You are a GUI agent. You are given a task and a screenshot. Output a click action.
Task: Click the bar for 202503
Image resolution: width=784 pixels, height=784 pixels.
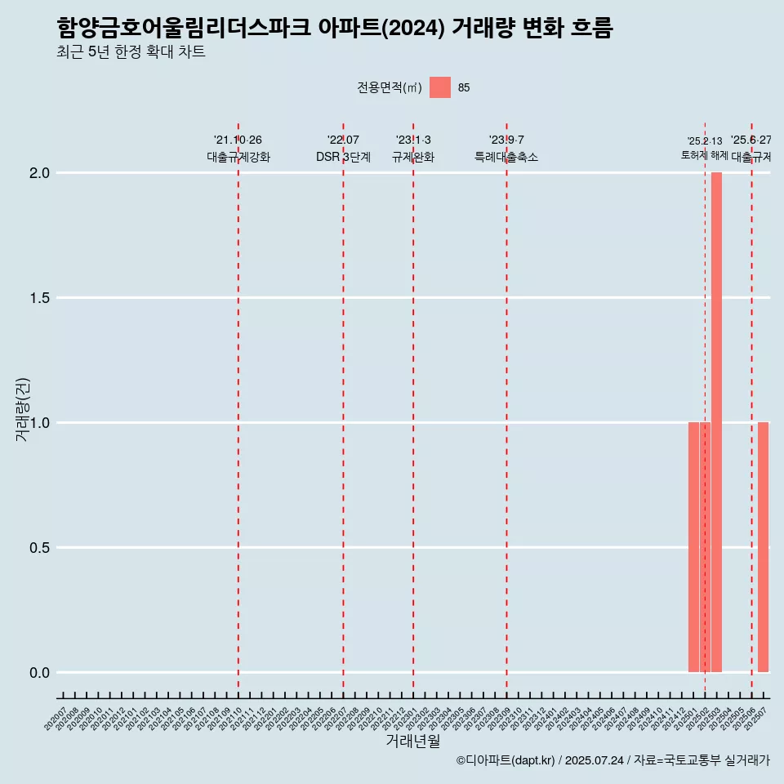click(716, 422)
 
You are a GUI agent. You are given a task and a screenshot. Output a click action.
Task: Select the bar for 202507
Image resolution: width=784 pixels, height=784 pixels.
click(763, 547)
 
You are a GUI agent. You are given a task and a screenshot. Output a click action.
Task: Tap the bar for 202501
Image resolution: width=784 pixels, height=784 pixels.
click(693, 547)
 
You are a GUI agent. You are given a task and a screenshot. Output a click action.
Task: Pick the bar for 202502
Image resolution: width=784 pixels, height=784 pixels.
click(705, 547)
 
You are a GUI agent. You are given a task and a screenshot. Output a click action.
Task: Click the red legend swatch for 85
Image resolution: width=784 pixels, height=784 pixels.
click(440, 87)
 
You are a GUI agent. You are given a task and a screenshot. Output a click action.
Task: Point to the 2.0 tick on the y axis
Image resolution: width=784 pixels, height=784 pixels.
click(40, 173)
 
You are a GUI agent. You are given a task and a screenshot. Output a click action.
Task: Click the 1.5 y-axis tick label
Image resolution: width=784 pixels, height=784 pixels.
click(40, 298)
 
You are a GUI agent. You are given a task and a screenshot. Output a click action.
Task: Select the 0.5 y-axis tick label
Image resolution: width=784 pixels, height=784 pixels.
click(40, 548)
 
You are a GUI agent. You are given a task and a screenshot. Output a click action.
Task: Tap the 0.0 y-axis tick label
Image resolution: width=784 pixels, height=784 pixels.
click(40, 673)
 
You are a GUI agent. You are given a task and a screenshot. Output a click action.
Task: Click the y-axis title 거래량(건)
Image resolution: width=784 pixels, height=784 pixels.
click(22, 409)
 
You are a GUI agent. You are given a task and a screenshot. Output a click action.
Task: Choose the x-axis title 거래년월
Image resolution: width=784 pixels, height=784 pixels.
click(412, 742)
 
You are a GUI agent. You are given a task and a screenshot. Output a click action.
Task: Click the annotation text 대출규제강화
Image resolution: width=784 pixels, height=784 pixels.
click(238, 157)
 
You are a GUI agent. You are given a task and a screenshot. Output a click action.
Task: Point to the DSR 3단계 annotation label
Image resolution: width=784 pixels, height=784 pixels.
click(343, 157)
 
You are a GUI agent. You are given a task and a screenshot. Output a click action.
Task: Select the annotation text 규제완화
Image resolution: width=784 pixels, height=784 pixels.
click(413, 157)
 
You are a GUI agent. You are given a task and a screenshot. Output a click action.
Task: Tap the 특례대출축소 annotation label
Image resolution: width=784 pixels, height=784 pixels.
click(506, 157)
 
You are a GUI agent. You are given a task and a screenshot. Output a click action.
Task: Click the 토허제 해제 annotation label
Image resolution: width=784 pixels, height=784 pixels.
click(704, 155)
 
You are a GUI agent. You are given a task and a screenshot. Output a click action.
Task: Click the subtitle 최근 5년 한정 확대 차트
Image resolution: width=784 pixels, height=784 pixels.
click(131, 52)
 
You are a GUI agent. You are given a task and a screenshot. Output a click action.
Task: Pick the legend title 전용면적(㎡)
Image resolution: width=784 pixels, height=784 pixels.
click(390, 88)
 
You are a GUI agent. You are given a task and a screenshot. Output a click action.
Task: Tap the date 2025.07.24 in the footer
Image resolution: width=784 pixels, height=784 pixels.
click(594, 761)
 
